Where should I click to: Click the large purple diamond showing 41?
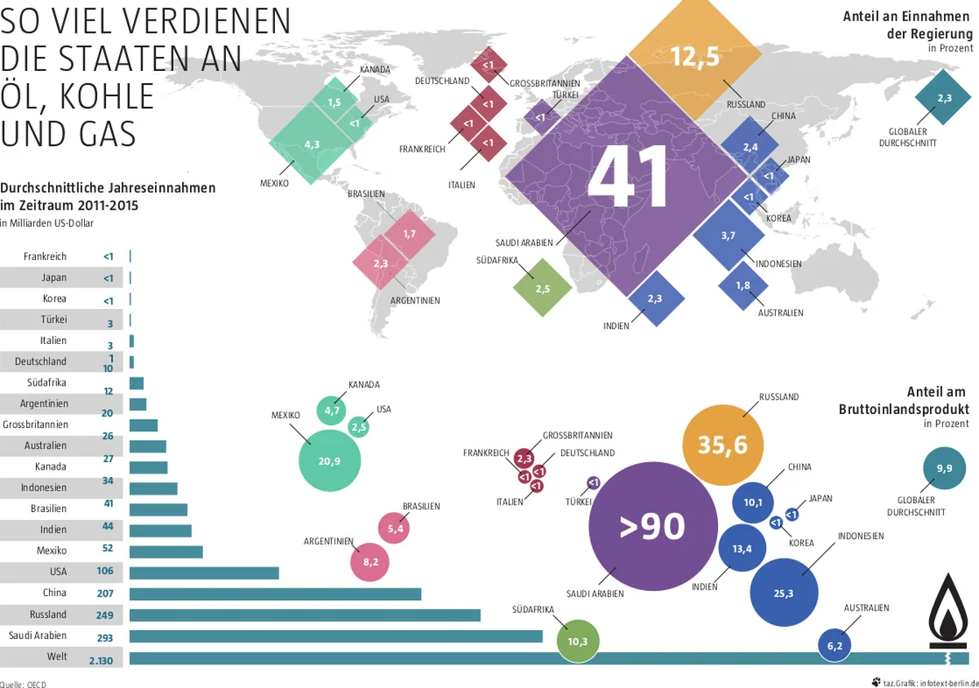(x=628, y=179)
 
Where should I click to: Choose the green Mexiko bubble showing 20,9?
(x=330, y=461)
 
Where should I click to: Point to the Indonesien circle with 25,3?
(x=784, y=593)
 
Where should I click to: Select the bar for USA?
(x=204, y=572)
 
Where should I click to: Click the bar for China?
(x=275, y=593)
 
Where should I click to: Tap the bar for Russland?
(x=305, y=615)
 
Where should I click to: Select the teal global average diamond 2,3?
(x=944, y=98)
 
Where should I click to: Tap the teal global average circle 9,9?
(x=945, y=469)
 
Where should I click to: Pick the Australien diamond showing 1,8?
(x=743, y=285)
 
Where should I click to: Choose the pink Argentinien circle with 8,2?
(x=370, y=561)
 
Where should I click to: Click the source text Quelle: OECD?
(x=23, y=684)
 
